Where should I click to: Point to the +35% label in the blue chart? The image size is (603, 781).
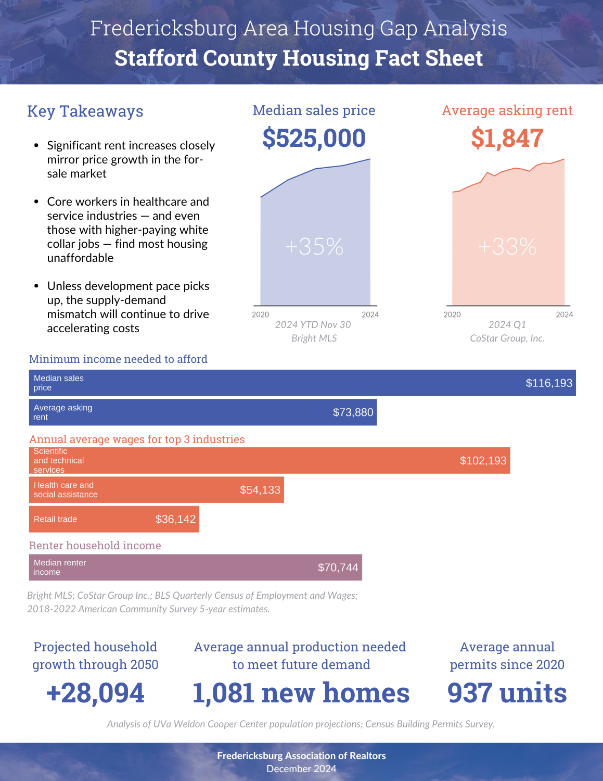coord(314,247)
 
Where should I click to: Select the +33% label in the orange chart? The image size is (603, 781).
coord(507,247)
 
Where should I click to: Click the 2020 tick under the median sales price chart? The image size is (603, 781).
coord(260,314)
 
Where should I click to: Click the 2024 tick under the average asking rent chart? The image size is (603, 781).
coord(564,314)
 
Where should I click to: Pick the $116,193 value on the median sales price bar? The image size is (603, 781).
coord(549,383)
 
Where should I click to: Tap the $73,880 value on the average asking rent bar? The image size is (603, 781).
coord(353,412)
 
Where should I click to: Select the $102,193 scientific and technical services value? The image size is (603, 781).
coord(483,460)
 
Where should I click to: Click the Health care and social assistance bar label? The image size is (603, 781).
coord(66,490)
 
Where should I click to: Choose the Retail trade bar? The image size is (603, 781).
coord(114,519)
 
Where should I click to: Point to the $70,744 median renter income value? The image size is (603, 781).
coord(338,568)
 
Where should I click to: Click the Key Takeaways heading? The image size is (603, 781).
coord(85,111)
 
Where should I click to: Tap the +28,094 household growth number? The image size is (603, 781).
coord(96,693)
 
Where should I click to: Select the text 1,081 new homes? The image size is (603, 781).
coord(301,693)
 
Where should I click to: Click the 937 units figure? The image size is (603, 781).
coord(507,693)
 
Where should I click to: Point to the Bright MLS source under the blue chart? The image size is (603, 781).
coord(314,338)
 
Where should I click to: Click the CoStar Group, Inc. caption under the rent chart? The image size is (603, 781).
coord(507,338)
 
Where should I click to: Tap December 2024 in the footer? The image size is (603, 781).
coord(301,769)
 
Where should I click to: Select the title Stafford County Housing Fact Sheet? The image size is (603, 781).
coord(299,58)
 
